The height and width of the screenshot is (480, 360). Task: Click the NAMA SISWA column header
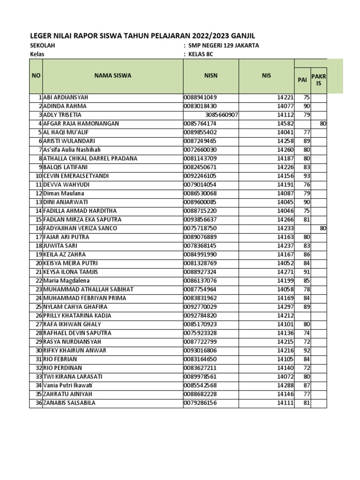pyautogui.click(x=112, y=75)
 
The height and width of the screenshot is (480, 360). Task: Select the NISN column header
pyautogui.click(x=211, y=75)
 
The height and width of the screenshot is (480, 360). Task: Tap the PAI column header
pyautogui.click(x=302, y=80)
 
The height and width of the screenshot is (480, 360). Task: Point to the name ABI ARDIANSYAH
pyautogui.click(x=66, y=97)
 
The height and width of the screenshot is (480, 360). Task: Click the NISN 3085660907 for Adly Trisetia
pyautogui.click(x=222, y=115)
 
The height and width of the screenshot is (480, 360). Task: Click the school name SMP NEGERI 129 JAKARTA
pyautogui.click(x=224, y=46)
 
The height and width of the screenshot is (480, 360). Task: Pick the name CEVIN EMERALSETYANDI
pyautogui.click(x=75, y=176)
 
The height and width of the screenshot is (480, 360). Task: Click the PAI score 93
pyautogui.click(x=306, y=176)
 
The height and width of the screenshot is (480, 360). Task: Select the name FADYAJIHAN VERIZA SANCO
pyautogui.click(x=80, y=228)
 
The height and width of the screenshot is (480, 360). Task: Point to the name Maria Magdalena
pyautogui.click(x=64, y=281)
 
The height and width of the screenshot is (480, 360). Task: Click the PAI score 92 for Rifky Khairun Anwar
pyautogui.click(x=306, y=351)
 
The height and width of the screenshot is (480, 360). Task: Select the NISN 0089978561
pyautogui.click(x=200, y=377)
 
